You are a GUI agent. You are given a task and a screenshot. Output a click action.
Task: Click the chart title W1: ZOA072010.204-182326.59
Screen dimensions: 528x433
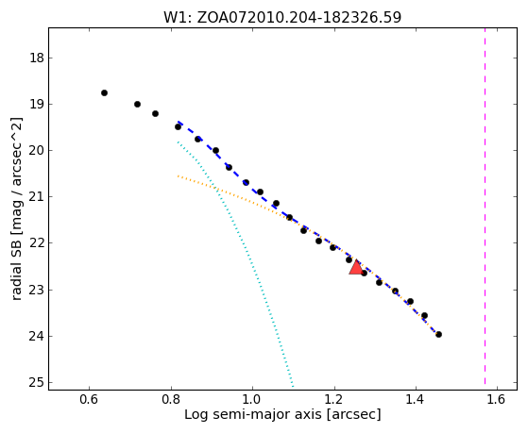pos(282,17)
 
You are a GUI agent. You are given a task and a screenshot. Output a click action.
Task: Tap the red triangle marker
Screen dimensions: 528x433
pos(356,268)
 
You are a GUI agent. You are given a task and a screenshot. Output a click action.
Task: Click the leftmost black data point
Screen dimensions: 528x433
pos(105,92)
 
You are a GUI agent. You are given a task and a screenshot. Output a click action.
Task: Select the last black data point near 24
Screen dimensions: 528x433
pos(438,335)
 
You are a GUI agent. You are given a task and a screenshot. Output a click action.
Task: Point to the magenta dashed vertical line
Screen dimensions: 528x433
pos(485,206)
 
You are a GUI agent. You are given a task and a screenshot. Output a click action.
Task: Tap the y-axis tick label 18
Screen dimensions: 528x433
pos(37,58)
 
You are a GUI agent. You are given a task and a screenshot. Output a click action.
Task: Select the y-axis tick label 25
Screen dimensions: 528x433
pos(37,383)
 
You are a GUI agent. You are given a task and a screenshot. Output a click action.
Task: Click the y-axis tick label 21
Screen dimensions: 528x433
pos(37,196)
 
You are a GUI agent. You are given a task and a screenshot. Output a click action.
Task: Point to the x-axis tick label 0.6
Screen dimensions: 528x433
pos(89,399)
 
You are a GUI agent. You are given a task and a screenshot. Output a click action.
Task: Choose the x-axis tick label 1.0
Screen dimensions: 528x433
pos(252,399)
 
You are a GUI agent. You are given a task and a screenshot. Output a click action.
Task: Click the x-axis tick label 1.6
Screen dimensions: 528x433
pos(497,399)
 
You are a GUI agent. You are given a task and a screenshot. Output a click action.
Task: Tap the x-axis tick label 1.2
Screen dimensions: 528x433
pos(334,399)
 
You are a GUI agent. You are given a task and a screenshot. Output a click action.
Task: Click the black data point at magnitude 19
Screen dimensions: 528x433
pos(137,105)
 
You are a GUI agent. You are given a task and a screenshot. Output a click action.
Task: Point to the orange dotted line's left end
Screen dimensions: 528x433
pos(178,176)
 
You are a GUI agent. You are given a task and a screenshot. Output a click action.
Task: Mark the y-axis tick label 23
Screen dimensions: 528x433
pos(37,290)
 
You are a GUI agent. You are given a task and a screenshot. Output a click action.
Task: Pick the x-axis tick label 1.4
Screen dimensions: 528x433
pos(416,399)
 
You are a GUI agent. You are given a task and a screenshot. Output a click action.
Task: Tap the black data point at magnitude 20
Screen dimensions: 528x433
pos(216,150)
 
